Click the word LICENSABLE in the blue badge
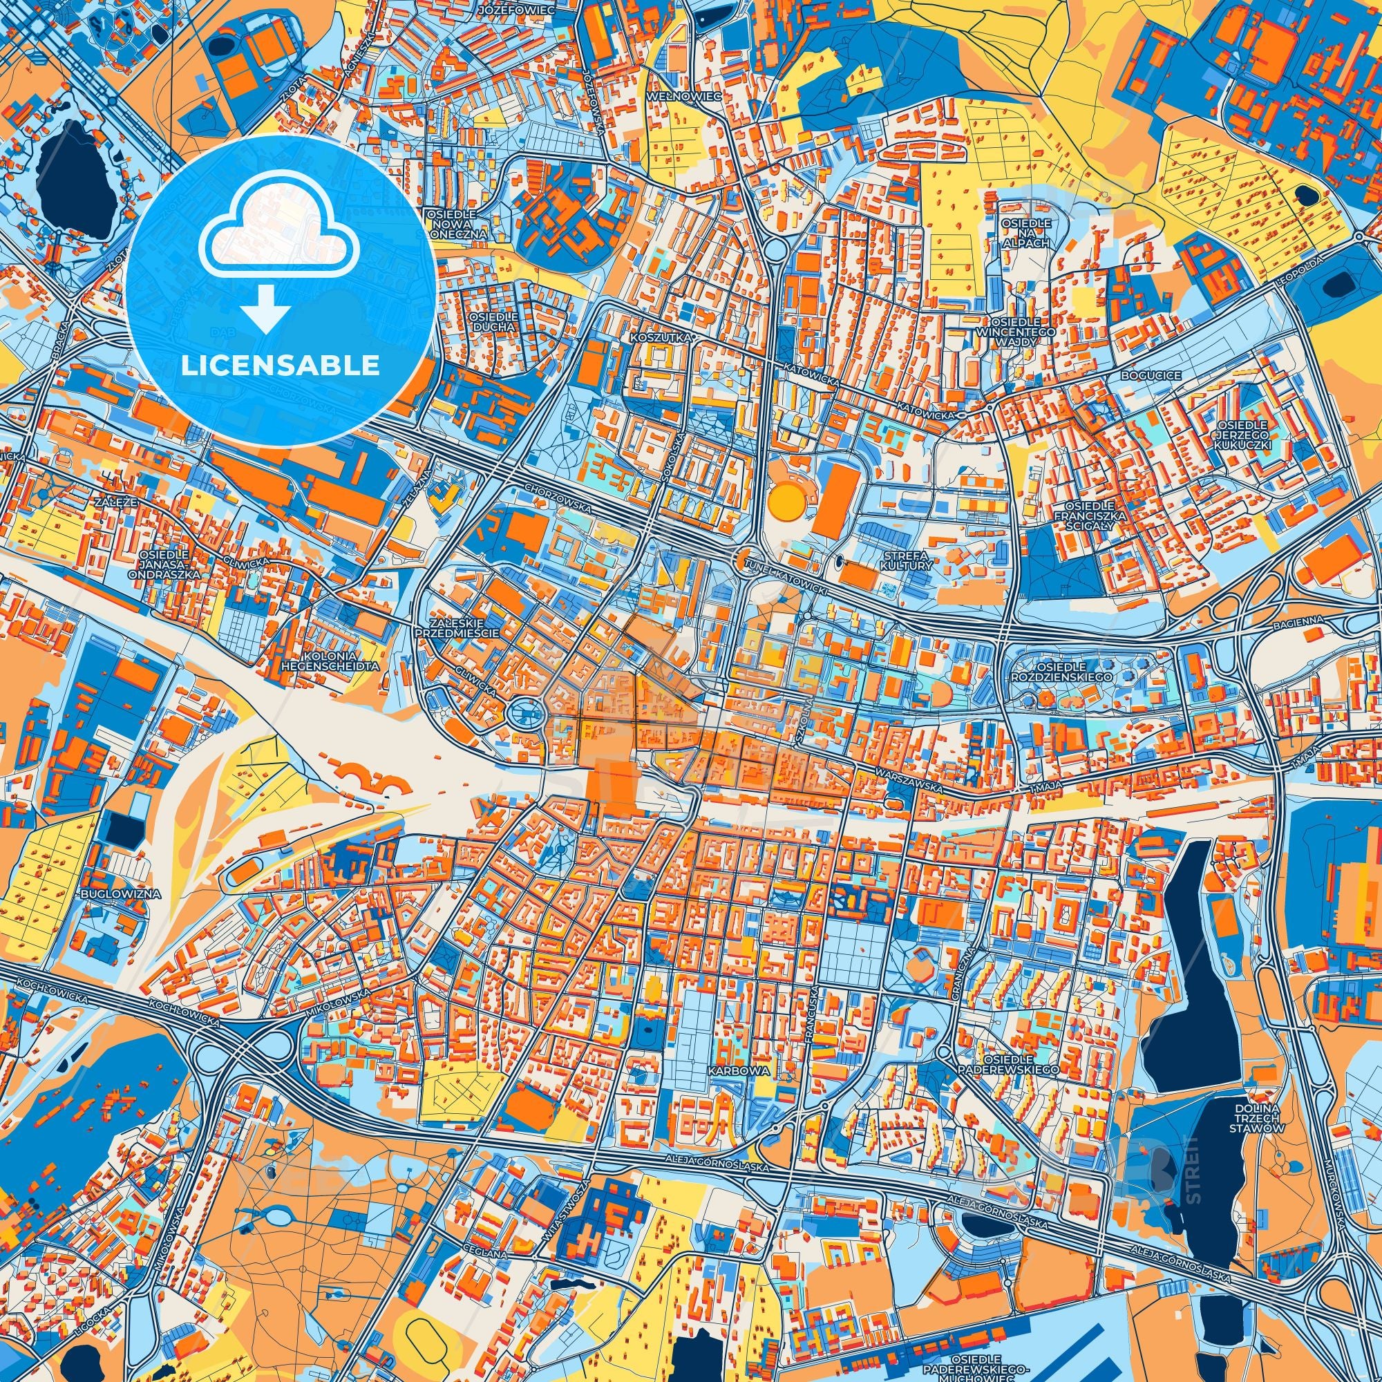(x=281, y=366)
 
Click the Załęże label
(x=109, y=504)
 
